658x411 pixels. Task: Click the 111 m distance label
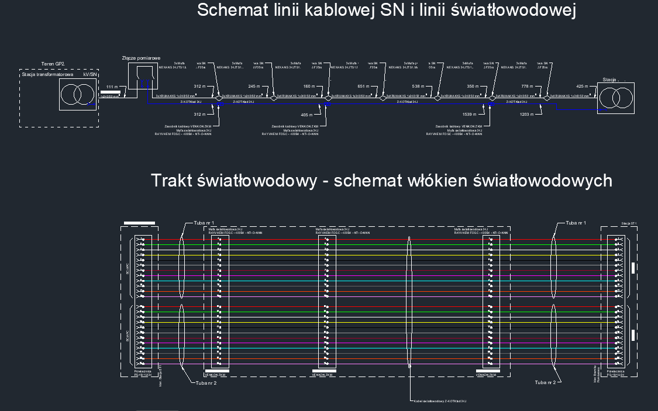pos(112,87)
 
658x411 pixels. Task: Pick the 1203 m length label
pos(526,115)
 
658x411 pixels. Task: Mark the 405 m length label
pos(308,115)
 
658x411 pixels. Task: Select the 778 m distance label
pos(526,87)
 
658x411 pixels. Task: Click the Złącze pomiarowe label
pos(141,58)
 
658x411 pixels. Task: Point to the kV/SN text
pos(89,75)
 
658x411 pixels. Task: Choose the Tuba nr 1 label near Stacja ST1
pos(576,223)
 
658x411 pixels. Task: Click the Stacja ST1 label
pos(629,223)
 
